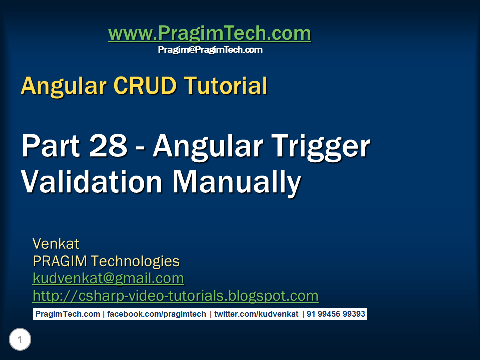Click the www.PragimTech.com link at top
click(x=209, y=34)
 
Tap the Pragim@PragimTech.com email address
click(x=210, y=50)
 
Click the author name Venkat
click(x=56, y=244)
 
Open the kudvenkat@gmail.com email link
click(x=108, y=278)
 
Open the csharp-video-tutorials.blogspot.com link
click(x=175, y=296)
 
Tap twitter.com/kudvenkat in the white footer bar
click(x=256, y=314)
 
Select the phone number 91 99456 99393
click(x=336, y=314)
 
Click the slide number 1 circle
click(x=20, y=340)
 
